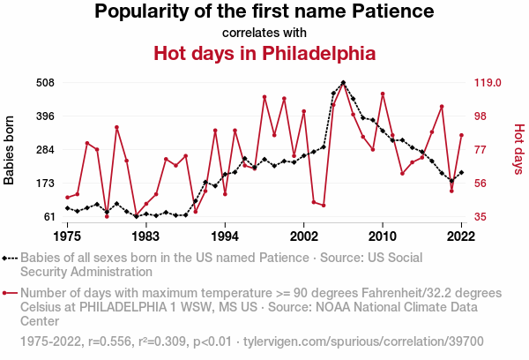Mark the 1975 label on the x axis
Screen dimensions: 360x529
pos(67,236)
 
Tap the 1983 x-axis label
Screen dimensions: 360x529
pos(145,236)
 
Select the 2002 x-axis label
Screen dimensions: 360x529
pos(303,236)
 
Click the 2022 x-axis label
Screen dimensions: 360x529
pos(461,236)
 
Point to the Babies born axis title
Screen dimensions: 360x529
pos(10,150)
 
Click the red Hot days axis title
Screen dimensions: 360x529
pos(518,150)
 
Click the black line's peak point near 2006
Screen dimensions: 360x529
pos(343,83)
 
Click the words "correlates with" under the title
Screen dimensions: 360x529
pos(264,33)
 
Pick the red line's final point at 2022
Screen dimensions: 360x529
pos(461,135)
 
